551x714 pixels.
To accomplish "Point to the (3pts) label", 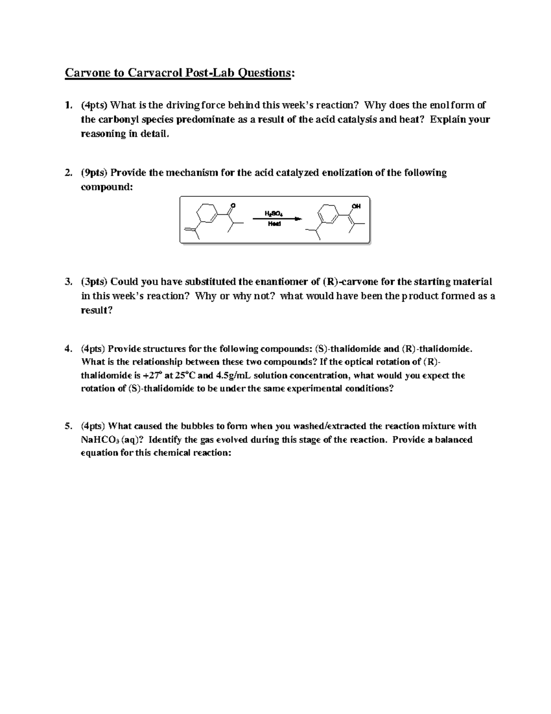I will pyautogui.click(x=95, y=282).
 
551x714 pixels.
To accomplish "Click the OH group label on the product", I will pyautogui.click(x=356, y=206).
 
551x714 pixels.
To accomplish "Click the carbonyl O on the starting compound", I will pyautogui.click(x=233, y=205).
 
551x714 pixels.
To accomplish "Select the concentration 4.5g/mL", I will pyautogui.click(x=233, y=375).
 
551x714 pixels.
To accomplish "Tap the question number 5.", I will pyautogui.click(x=68, y=426).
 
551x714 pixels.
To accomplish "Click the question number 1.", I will pyautogui.click(x=68, y=105).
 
